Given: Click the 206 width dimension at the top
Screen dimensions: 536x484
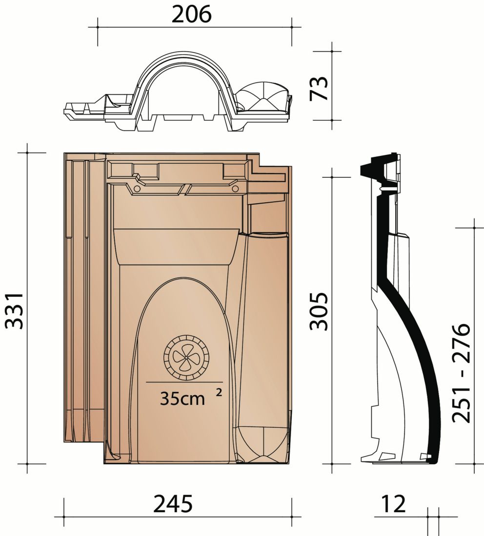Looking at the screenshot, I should point(192,15).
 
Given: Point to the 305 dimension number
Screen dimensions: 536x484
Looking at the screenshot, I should point(320,311).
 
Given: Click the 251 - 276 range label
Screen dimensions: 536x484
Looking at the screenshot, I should point(461,372).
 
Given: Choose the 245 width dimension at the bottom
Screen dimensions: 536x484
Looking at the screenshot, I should point(173,504).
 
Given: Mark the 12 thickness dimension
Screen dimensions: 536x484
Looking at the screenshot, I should point(392,504).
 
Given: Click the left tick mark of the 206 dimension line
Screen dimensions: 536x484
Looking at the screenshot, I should point(98,27).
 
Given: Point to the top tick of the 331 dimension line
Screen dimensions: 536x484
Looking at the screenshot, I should point(28,153).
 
